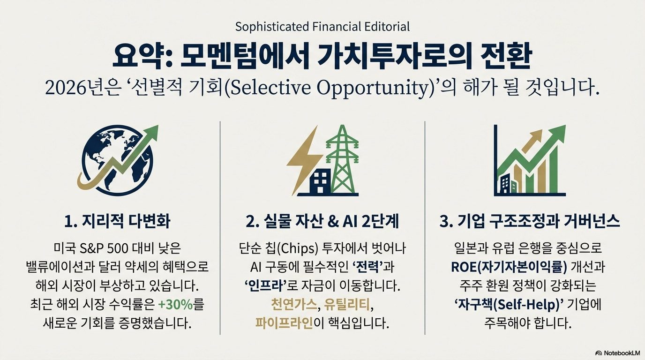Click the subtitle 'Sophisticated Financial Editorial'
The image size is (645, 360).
[x=322, y=27]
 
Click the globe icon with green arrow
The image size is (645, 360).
[x=118, y=160]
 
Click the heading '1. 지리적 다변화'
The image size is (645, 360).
[x=118, y=221]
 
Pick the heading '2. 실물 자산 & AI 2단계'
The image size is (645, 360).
[x=322, y=221]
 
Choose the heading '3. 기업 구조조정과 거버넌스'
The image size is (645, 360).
[x=529, y=221]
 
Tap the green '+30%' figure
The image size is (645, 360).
[x=176, y=305]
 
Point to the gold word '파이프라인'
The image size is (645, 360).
[x=284, y=323]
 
